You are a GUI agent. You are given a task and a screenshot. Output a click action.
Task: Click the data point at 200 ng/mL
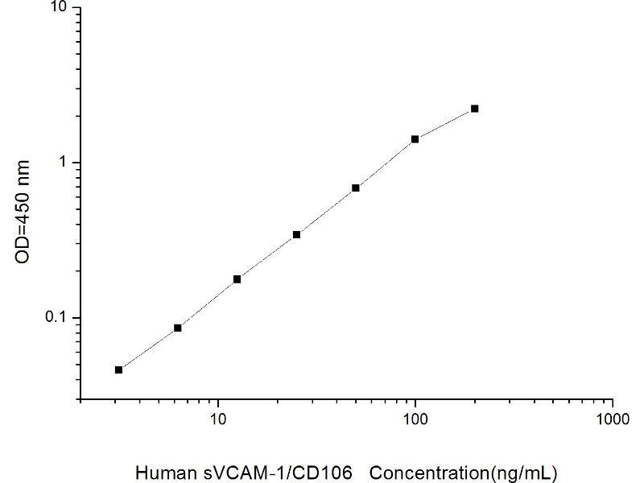[x=475, y=108]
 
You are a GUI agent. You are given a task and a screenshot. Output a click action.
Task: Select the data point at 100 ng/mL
[x=415, y=139]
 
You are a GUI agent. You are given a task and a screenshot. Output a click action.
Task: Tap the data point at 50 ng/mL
[x=356, y=188]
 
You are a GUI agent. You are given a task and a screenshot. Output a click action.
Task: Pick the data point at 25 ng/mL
[x=296, y=234]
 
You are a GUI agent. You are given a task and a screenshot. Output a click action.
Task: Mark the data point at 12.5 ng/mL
[x=237, y=279]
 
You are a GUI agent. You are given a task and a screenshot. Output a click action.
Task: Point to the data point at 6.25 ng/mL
[x=178, y=328]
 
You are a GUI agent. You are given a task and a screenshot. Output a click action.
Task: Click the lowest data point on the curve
[x=118, y=369]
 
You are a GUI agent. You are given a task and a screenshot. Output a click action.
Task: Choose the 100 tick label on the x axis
[x=415, y=420]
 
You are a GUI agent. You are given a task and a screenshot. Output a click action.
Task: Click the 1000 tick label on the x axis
[x=613, y=420]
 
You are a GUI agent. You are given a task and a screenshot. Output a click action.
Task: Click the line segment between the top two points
[x=445, y=123]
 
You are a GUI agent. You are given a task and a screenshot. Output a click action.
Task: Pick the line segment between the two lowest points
[x=148, y=349]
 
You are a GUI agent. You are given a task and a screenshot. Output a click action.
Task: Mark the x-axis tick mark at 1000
[x=613, y=403]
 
